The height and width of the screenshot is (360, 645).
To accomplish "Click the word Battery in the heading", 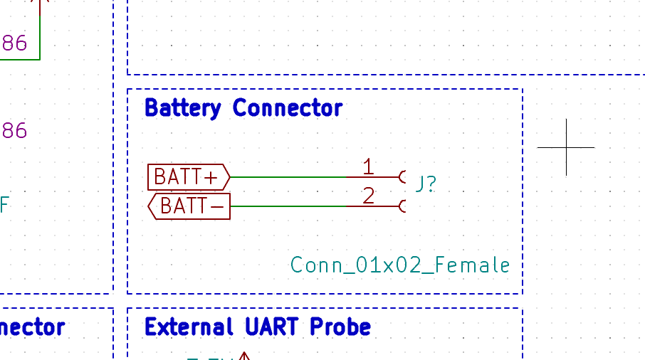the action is (182, 108).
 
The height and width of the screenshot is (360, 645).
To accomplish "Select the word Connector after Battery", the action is (287, 108).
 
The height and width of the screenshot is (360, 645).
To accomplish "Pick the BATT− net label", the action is (189, 206).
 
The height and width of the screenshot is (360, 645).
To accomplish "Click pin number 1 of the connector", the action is (368, 167).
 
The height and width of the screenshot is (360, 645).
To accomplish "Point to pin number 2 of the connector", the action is (368, 196).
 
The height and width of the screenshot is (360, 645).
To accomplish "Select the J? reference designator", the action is (426, 184).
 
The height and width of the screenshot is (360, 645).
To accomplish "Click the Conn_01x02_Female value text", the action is (400, 265).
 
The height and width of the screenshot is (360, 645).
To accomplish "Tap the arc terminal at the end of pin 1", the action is (403, 176).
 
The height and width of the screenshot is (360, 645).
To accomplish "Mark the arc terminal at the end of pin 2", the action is (403, 206).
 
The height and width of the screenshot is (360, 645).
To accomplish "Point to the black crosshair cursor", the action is (567, 147).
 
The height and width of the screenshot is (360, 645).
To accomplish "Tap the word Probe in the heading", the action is (340, 327).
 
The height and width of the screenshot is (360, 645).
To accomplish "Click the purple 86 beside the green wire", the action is (14, 44).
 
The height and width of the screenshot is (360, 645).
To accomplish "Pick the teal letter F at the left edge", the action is (4, 206).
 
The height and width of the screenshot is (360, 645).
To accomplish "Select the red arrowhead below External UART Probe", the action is (244, 355).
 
